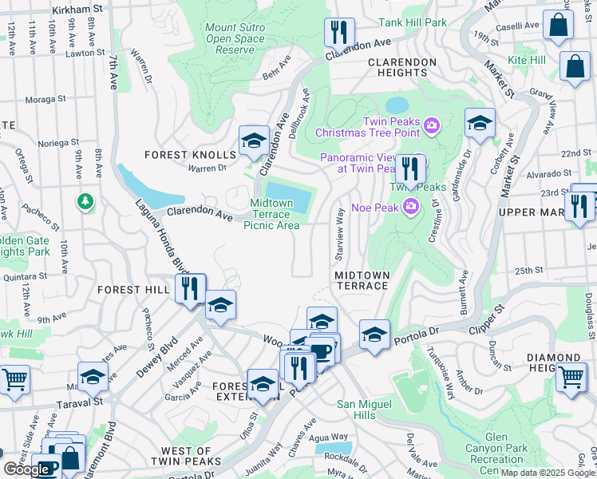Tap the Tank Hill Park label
[413, 22]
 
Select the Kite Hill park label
[527, 60]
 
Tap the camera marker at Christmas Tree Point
[432, 125]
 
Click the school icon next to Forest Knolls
[254, 141]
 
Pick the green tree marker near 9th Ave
[85, 200]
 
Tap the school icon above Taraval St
[93, 376]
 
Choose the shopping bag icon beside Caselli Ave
[558, 26]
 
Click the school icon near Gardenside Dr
[479, 123]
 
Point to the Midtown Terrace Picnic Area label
[275, 215]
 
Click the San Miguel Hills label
[366, 410]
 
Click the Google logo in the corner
[26, 469]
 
